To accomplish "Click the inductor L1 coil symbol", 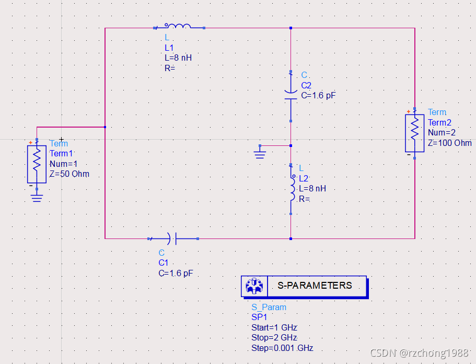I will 178,26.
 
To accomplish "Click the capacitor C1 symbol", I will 172,238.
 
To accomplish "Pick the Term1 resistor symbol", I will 37,164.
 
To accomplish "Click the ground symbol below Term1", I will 37,198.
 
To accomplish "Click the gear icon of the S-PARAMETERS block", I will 254,286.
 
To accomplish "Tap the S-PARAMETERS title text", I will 315,286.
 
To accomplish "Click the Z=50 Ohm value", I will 69,174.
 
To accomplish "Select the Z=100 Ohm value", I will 449,143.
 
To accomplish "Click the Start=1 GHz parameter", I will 274,328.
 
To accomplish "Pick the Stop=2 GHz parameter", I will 274,338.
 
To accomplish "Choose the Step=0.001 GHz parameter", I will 282,348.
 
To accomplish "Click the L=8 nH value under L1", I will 178,58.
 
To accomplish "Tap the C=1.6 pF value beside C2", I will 318,96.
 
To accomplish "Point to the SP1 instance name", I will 259,317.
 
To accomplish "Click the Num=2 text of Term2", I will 442,132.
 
